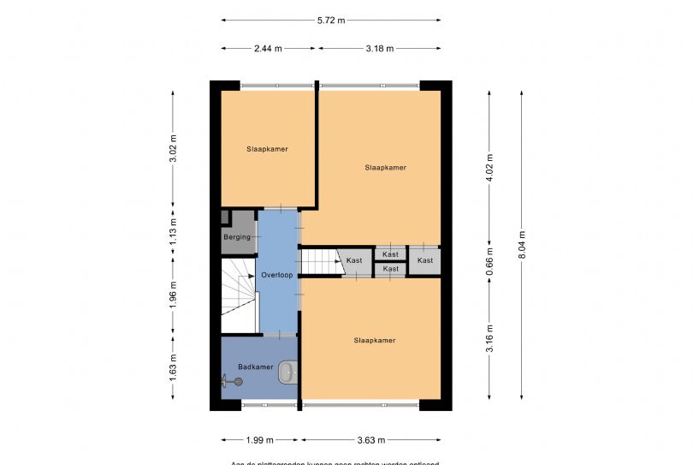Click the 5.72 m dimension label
330,20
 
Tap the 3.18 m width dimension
380,49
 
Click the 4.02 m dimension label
489,163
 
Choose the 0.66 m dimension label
489,260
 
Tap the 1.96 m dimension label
174,295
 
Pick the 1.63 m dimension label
174,366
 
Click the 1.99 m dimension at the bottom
259,440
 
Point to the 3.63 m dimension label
371,440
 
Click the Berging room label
237,237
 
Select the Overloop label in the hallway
278,275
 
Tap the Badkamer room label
256,367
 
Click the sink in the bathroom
289,372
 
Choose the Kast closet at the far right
425,260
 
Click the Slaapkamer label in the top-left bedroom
267,149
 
